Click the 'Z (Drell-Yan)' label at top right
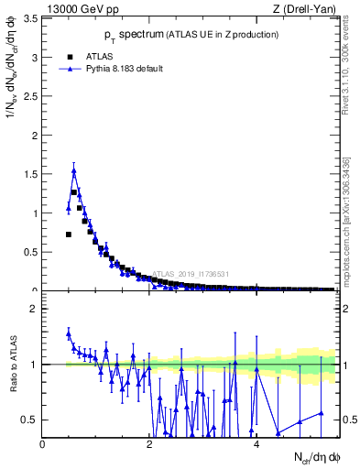[x=306, y=9]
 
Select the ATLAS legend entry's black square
[x=71, y=56]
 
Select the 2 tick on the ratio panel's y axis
[x=35, y=309]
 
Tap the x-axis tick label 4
[x=256, y=444]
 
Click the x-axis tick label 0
[x=43, y=444]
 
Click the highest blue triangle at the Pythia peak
[x=74, y=171]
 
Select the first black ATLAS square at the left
[x=69, y=234]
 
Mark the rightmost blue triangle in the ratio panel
[x=322, y=413]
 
